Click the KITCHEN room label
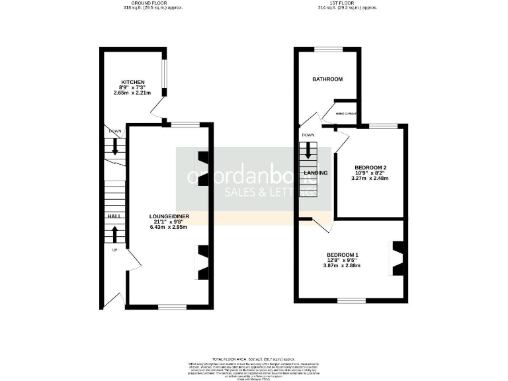tap(128, 82)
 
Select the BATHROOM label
tap(327, 79)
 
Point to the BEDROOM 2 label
tap(370, 167)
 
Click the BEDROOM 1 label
tap(343, 255)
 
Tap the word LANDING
tap(316, 173)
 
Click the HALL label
tap(112, 216)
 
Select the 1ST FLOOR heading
tap(347, 3)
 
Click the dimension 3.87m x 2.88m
tap(343, 266)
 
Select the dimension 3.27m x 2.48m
tap(370, 178)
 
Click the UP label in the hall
tap(114, 250)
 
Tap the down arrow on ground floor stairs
tap(115, 147)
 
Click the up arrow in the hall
tap(114, 234)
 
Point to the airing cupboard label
tap(346, 114)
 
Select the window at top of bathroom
tap(327, 49)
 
